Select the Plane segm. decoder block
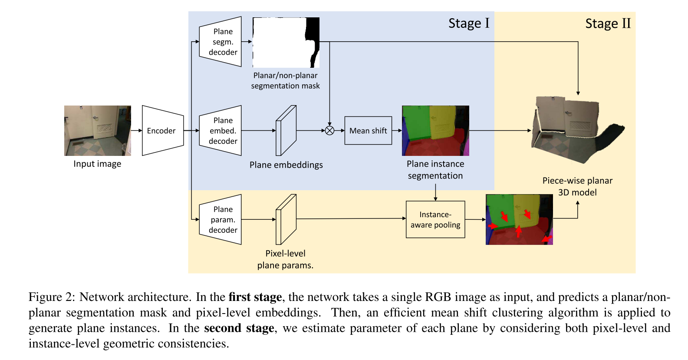tap(221, 42)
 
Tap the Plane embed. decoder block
tap(221, 131)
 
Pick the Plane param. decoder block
tap(221, 220)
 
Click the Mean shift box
tap(368, 131)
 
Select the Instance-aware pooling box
tap(435, 220)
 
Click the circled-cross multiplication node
tap(330, 131)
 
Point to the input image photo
tap(98, 130)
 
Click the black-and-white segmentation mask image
tap(286, 42)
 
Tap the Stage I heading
tap(469, 23)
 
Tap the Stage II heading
tap(608, 23)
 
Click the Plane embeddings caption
tap(286, 165)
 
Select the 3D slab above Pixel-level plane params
tap(286, 219)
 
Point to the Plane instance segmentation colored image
tap(435, 130)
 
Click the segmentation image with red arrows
tap(519, 219)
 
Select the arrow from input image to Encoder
tap(136, 131)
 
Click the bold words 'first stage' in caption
tap(255, 297)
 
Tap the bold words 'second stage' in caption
tap(239, 328)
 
